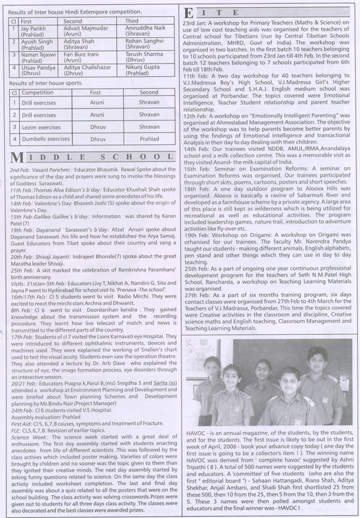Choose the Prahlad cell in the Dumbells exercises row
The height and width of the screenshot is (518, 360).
tap(149, 138)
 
